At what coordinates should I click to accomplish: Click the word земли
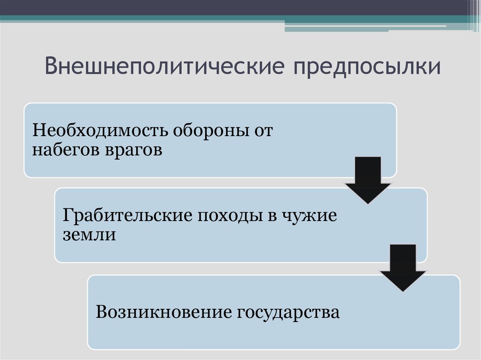tap(89, 234)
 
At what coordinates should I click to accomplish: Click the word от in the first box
tap(263, 130)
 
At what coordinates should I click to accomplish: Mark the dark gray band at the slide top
tap(235, 8)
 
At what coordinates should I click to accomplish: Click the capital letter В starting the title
tap(51, 67)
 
